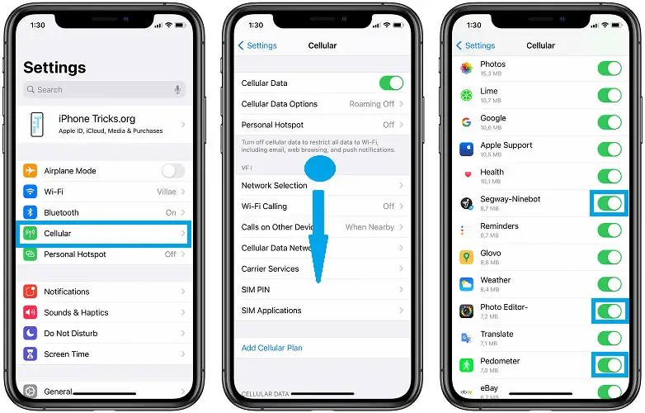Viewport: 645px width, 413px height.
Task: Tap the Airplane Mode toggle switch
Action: point(173,171)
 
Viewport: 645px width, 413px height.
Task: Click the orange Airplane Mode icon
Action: point(31,171)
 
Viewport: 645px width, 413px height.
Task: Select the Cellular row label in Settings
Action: point(58,234)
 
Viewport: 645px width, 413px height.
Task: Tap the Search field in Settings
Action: point(103,89)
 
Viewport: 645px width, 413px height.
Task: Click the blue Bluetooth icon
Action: point(31,213)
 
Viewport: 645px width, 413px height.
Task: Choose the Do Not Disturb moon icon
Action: point(31,334)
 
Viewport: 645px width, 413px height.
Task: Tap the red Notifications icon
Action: point(31,292)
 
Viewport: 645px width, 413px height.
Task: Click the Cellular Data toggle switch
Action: point(391,83)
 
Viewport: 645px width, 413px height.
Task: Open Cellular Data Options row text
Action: point(280,104)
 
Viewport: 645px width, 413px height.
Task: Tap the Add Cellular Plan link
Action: point(272,348)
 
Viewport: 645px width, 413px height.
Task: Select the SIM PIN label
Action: point(256,290)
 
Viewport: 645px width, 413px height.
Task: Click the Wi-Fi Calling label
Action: point(265,206)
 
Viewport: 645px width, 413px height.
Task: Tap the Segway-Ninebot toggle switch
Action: point(610,203)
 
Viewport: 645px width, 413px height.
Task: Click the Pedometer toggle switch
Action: point(610,365)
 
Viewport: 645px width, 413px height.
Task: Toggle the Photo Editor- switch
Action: point(610,311)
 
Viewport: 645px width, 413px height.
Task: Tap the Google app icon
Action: point(466,122)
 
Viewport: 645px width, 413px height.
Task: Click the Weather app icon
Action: point(466,284)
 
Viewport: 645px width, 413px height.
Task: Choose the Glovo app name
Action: point(492,254)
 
